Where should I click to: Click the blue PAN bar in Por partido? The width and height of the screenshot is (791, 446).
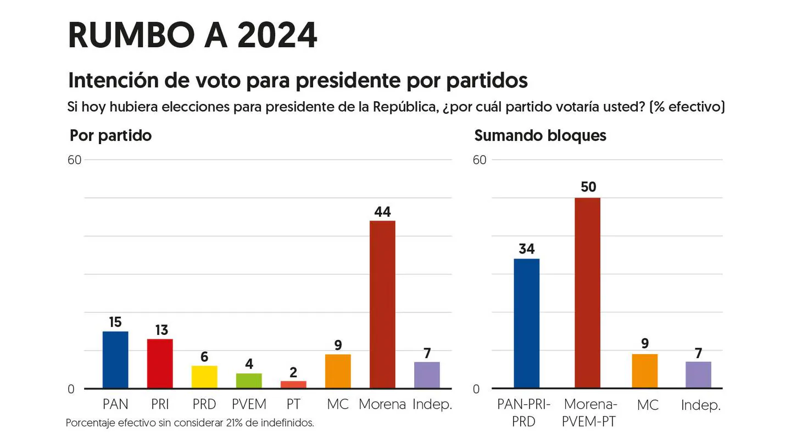115,360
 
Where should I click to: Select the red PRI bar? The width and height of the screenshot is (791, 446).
160,364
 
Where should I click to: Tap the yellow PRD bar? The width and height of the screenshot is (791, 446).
204,377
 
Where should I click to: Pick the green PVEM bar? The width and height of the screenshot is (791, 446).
249,381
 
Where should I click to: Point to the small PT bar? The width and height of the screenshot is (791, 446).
293,384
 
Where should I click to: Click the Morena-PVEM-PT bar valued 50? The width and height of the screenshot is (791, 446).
588,293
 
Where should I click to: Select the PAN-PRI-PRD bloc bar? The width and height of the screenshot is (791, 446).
526,323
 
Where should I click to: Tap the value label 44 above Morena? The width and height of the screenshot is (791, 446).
382,212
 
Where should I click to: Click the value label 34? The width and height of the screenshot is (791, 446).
526,249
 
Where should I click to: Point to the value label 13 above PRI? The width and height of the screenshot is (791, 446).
161,330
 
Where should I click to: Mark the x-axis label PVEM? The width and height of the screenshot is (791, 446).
249,404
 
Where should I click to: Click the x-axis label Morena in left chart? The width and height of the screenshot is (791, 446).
382,404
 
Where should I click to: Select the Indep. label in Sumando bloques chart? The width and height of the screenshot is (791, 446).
700,405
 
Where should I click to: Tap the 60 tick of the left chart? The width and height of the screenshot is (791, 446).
75,160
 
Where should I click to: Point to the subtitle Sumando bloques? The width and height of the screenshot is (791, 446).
540,136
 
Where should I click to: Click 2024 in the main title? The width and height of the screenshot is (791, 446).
277,36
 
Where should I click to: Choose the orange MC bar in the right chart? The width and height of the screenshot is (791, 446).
645,371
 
